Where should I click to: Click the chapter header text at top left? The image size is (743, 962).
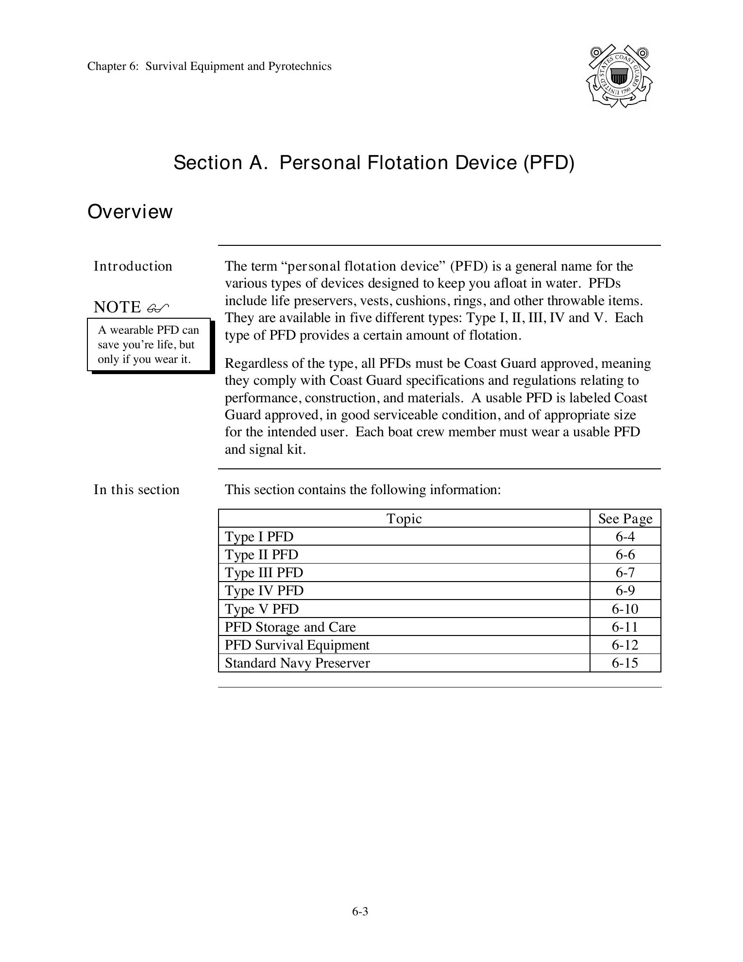[x=209, y=67]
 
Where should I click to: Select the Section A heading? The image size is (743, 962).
[x=374, y=163]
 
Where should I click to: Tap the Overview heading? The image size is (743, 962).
[x=130, y=212]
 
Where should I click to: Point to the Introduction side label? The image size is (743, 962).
[x=133, y=266]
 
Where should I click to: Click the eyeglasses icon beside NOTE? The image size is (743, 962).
[x=158, y=308]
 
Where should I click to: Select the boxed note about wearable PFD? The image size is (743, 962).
[x=149, y=344]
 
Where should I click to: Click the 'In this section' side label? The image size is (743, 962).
[x=136, y=490]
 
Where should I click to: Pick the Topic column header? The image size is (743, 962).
[x=404, y=519]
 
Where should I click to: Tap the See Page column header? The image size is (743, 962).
[x=625, y=519]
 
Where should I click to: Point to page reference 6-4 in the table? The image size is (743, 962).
[x=625, y=537]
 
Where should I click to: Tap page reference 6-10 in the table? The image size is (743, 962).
[x=625, y=609]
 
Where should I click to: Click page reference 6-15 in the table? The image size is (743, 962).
[x=625, y=663]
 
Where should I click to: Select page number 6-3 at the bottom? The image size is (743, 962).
[x=360, y=912]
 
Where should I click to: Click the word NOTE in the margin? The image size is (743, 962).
[x=117, y=308]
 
